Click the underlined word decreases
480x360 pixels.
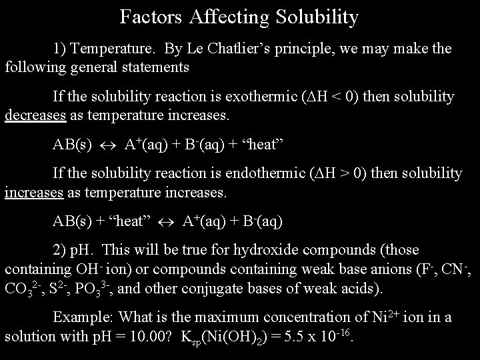(35, 115)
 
